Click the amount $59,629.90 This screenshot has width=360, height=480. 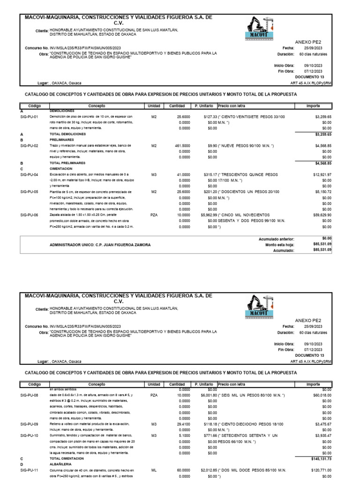(x=321, y=214)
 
